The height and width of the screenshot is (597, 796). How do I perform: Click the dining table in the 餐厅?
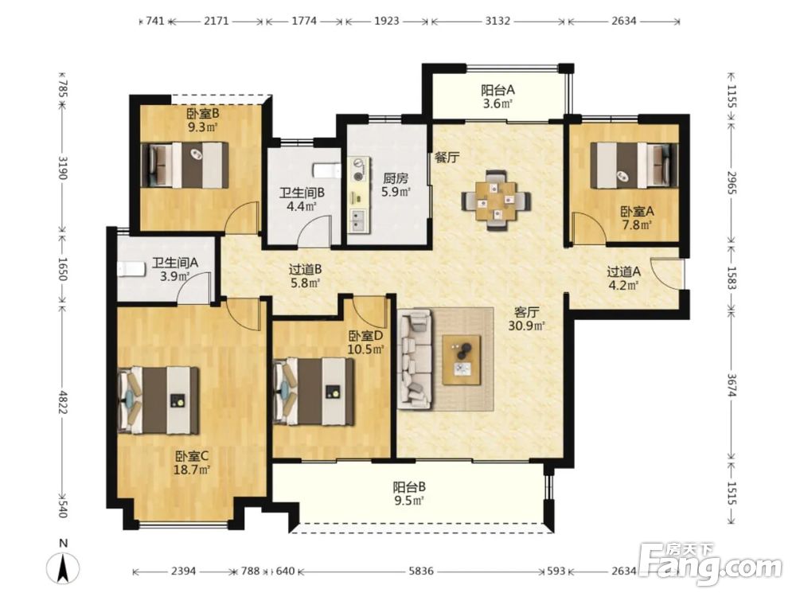click(497, 201)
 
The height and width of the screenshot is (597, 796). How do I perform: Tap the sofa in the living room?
click(416, 360)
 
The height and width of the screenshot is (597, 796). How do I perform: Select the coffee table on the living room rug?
click(462, 360)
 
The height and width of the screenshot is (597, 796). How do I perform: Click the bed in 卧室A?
click(634, 166)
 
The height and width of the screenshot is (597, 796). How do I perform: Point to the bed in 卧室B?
click(185, 165)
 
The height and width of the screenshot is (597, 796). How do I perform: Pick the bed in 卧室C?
click(158, 401)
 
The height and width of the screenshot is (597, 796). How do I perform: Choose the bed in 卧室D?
click(313, 392)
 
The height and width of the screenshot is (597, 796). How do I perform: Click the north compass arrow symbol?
click(63, 568)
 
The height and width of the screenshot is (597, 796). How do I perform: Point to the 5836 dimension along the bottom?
click(421, 571)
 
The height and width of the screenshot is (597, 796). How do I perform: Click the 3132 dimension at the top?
click(497, 21)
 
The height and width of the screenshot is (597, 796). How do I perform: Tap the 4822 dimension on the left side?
click(62, 401)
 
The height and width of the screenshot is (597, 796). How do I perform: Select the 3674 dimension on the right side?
click(731, 385)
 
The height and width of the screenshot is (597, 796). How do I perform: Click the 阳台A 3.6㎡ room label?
click(498, 97)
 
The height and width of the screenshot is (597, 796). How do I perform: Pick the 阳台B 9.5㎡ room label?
click(408, 494)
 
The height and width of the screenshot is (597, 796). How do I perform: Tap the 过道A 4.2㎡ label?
click(623, 278)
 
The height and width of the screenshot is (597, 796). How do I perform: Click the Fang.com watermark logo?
click(710, 563)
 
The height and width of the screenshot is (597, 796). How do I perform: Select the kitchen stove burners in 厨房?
click(360, 170)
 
